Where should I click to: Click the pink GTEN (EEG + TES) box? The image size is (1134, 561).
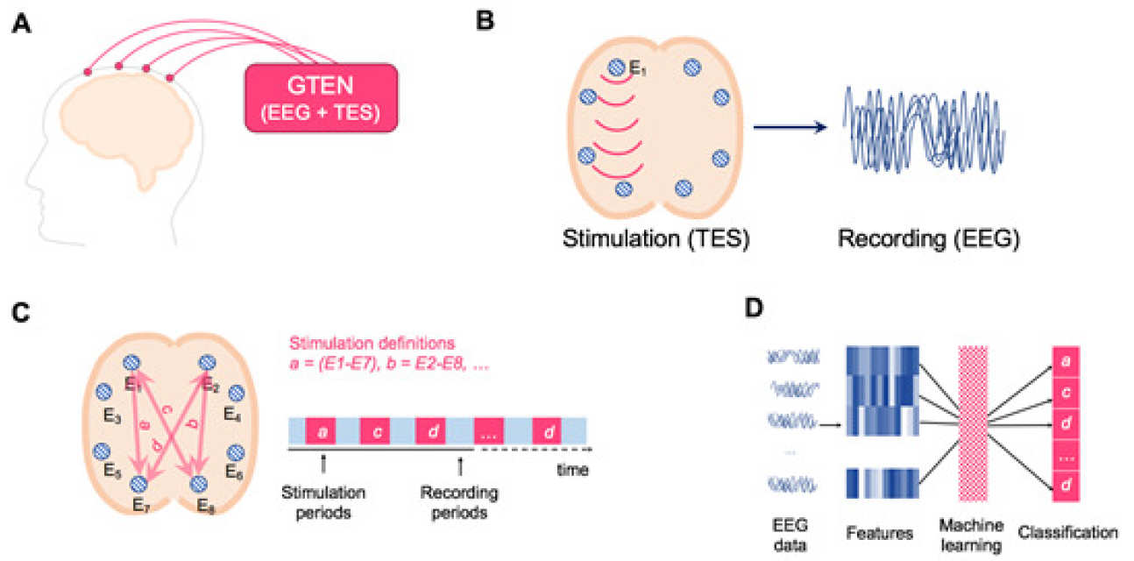coord(321,99)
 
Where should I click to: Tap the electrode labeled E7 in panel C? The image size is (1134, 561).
coord(138,484)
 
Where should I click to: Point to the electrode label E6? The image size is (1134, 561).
coord(233,472)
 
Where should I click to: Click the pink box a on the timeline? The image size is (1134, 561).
coord(320,431)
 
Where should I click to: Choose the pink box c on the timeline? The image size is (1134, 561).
coord(375,431)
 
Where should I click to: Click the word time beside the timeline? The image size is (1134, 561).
coord(572,471)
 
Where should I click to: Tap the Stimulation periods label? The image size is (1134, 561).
coord(323,502)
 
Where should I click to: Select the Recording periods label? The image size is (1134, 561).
coord(460,502)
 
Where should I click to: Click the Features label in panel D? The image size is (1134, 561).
coord(881,531)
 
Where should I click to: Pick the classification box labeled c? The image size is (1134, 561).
coord(1065,393)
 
